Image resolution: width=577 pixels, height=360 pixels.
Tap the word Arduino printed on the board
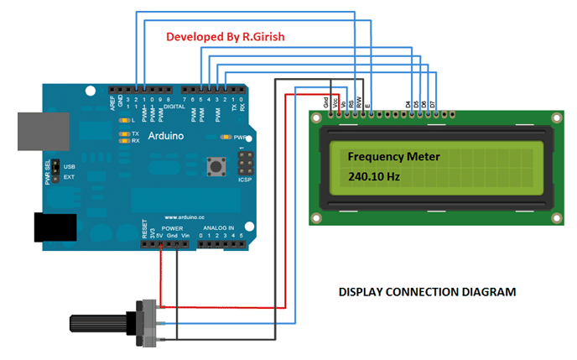[x=167, y=134]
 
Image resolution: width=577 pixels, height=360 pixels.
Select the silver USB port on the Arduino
[x=38, y=131]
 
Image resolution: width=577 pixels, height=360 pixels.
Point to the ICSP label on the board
[x=245, y=177]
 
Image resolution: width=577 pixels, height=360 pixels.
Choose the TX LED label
[x=135, y=133]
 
